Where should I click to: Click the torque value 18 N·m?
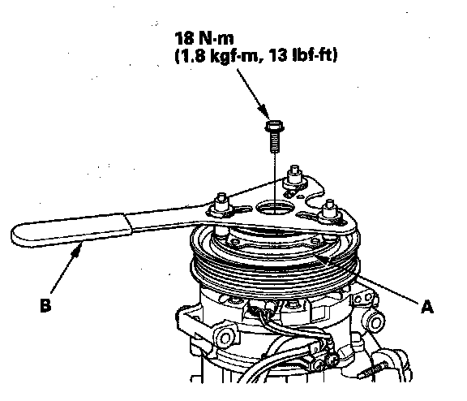204,38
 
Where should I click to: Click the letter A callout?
426,307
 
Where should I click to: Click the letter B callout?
45,305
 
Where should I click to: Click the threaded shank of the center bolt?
274,141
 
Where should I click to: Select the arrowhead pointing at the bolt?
264,111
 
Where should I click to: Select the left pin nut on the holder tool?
221,205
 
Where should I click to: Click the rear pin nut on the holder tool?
294,178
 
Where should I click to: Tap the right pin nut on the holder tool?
329,212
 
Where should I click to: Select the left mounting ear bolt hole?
225,338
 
